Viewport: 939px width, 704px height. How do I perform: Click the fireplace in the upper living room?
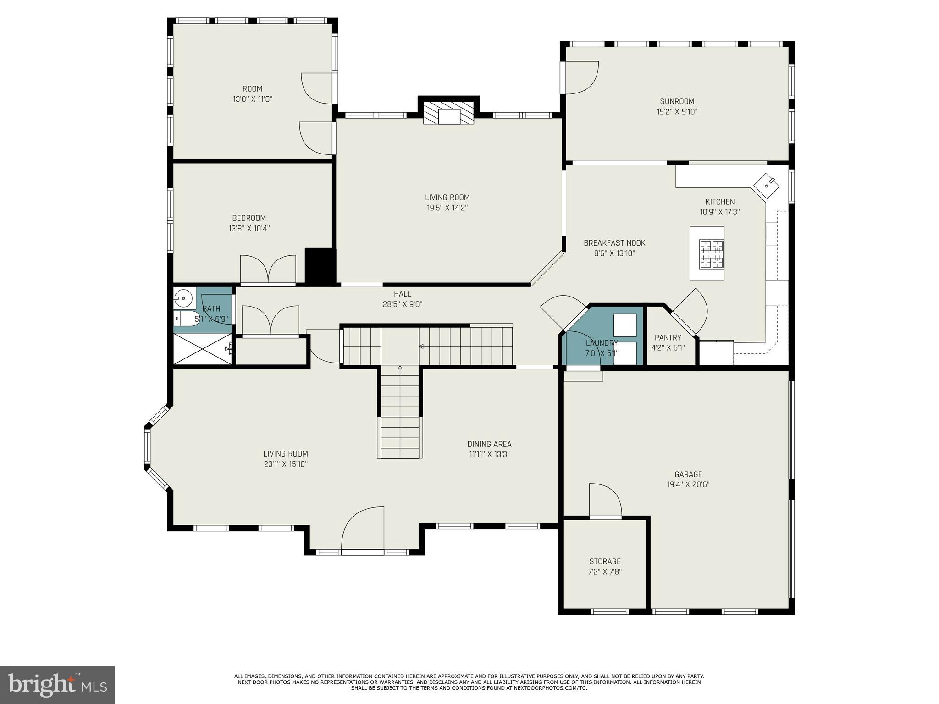coord(448,112)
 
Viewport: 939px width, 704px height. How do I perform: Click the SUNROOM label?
coord(677,101)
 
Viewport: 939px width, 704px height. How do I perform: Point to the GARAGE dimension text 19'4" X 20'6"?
coord(688,484)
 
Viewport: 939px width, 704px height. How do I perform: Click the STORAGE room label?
coord(605,561)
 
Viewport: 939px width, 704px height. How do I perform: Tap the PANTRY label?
coord(668,337)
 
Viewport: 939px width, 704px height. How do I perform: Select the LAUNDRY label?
coord(602,343)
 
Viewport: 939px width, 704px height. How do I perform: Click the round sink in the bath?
coord(184,298)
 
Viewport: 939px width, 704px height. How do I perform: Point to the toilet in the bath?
coord(185,318)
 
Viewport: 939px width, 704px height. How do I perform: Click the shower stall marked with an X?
coord(202,349)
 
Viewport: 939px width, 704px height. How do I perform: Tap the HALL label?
coord(402,294)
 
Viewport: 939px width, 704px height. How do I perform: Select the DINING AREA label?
coord(489,444)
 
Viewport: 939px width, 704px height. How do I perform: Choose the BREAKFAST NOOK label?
coord(614,243)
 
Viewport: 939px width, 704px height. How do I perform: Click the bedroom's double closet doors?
coord(268,270)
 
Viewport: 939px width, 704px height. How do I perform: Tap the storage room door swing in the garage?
coord(605,500)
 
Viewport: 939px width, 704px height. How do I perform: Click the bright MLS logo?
coord(57,685)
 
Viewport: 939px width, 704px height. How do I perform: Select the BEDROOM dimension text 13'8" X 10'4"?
coord(249,228)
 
